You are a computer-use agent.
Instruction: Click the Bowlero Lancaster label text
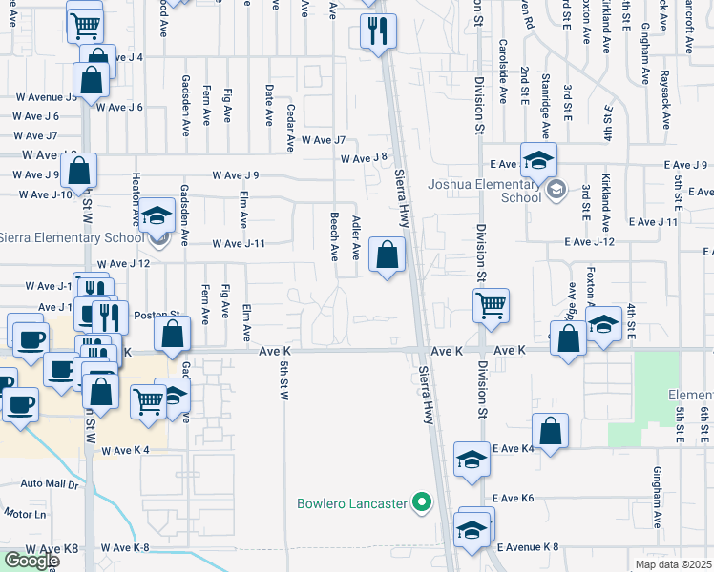coord(352,502)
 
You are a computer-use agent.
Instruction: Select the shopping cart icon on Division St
coord(491,306)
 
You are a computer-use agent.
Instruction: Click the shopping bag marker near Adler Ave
coord(387,255)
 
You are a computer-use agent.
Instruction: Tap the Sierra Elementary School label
coord(70,237)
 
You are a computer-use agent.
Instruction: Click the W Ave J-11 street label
coord(238,244)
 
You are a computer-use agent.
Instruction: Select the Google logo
coord(31,560)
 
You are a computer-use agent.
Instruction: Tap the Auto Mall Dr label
coord(48,484)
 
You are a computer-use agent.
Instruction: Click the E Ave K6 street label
coord(514,499)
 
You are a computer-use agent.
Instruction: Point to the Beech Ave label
coord(334,236)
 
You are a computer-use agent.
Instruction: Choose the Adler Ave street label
coord(355,237)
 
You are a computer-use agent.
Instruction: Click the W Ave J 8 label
coord(364,158)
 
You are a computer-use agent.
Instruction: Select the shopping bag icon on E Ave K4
coord(553,431)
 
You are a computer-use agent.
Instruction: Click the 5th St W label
coord(283,379)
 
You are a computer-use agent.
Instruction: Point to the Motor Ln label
coord(25,514)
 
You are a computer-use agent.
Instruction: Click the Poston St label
coord(157,314)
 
